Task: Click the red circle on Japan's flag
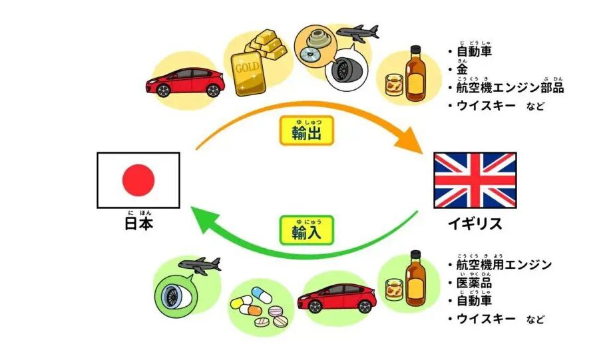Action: pyautogui.click(x=138, y=180)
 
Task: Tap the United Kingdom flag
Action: pyautogui.click(x=475, y=180)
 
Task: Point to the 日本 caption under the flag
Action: pyautogui.click(x=138, y=224)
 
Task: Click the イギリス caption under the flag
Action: pyautogui.click(x=475, y=224)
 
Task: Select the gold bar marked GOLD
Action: pyautogui.click(x=247, y=67)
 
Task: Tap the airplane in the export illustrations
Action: pyautogui.click(x=357, y=31)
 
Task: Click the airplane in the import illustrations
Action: pyautogui.click(x=200, y=264)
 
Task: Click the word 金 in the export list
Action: pyautogui.click(x=462, y=69)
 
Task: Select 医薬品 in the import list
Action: pyautogui.click(x=474, y=283)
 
